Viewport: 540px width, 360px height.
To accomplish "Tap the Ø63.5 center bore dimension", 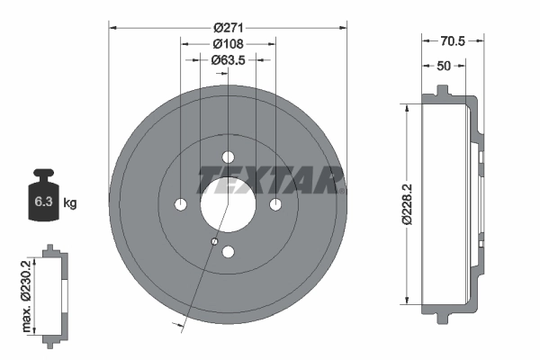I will click(228, 60).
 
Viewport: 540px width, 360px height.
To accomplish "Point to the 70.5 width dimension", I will click(454, 40).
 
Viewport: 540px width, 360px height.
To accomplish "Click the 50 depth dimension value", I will click(445, 66).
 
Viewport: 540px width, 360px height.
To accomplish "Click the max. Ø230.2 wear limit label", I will click(28, 292).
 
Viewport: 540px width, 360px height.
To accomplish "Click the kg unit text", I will click(69, 203).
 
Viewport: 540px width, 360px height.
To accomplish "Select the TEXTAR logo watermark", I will click(271, 179).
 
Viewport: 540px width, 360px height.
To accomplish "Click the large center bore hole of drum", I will click(227, 204).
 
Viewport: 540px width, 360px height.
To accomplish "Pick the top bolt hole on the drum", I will click(228, 157).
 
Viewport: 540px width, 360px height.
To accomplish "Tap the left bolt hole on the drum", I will click(180, 204).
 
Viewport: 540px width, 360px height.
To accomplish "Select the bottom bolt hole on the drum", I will click(228, 252).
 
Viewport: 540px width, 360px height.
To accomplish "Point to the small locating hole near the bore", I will click(214, 241).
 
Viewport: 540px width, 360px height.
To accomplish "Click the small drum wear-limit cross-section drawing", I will click(53, 292).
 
